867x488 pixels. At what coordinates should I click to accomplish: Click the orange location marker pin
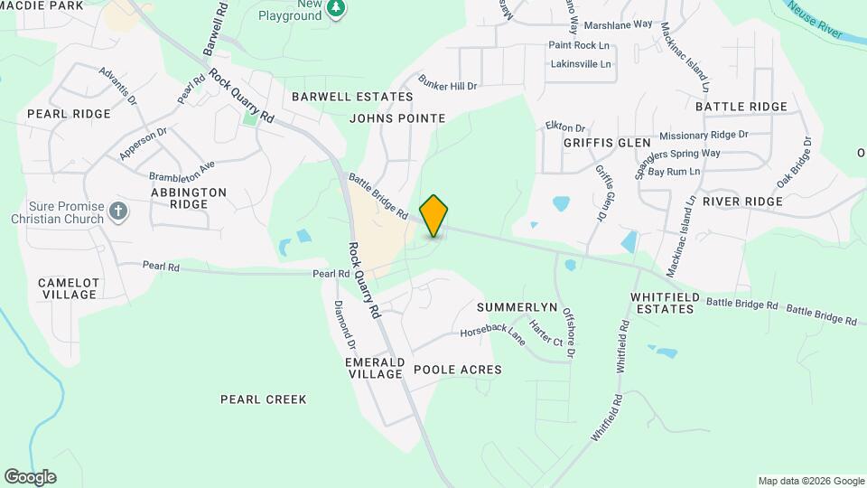433,215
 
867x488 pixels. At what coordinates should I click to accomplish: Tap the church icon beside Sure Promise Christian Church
117,212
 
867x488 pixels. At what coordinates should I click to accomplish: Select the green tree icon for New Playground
336,8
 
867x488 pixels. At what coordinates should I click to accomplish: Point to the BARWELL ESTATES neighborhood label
340,96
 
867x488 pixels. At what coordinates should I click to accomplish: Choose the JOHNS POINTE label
397,118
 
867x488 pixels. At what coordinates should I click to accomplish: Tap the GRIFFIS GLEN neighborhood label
607,143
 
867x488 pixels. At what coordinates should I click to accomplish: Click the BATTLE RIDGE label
741,107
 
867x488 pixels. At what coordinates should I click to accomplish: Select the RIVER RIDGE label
742,201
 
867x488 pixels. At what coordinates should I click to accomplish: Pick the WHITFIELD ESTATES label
662,303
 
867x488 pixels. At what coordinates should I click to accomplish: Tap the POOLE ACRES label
457,370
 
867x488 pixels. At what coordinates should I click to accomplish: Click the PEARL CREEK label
264,399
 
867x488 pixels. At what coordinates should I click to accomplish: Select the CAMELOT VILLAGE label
69,288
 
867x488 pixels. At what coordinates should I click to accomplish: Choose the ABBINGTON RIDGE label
188,198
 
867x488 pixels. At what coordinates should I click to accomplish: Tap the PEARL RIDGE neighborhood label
69,114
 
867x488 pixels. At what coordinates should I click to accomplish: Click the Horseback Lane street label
492,334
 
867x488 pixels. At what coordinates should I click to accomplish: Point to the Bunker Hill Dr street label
446,84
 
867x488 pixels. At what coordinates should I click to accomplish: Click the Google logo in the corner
30,476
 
